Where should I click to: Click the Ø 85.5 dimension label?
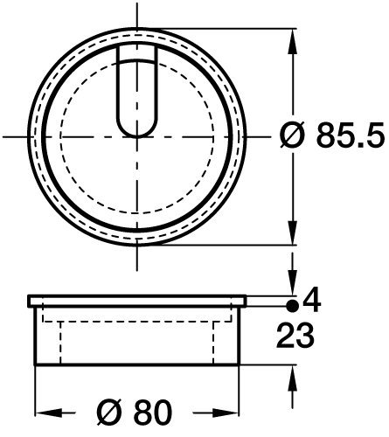point(331,135)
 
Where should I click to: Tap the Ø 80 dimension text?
point(135,412)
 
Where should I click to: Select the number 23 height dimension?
point(295,336)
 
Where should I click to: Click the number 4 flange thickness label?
point(312,301)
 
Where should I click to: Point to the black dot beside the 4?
point(293,306)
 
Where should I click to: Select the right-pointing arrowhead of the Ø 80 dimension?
point(226,413)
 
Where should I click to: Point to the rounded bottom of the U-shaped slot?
point(137,133)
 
